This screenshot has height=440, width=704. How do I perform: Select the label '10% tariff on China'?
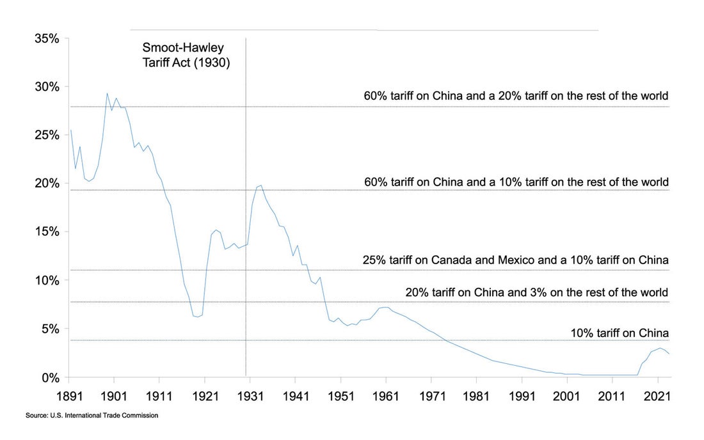pyautogui.click(x=619, y=333)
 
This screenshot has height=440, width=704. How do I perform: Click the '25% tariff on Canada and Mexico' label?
pyautogui.click(x=515, y=260)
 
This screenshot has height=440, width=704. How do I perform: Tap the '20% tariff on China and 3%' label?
pyautogui.click(x=536, y=293)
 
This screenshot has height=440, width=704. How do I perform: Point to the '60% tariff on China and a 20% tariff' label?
pyautogui.click(x=516, y=96)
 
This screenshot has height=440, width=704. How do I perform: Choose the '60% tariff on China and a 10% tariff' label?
pyautogui.click(x=516, y=182)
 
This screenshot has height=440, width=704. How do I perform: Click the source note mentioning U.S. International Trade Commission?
pyautogui.click(x=92, y=416)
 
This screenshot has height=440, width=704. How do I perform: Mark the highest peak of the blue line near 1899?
pyautogui.click(x=107, y=93)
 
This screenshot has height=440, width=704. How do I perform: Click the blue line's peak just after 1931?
pyautogui.click(x=260, y=185)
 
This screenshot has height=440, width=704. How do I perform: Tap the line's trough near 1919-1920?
pyautogui.click(x=198, y=317)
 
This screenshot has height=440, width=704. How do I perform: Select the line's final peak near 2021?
pyautogui.click(x=660, y=349)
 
